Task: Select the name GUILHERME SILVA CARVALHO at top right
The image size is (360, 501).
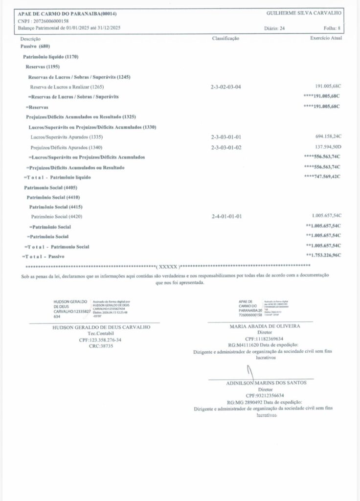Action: click(304, 13)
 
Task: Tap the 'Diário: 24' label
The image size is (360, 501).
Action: click(274, 28)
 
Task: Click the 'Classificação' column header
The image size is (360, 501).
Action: click(225, 38)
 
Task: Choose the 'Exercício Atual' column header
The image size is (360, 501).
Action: click(326, 38)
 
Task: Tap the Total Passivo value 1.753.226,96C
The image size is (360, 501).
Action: click(324, 255)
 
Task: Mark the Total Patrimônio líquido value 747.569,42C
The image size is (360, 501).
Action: click(323, 176)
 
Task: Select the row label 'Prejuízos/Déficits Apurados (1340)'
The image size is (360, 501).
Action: click(67, 147)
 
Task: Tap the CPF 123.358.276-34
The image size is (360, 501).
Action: click(100, 339)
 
